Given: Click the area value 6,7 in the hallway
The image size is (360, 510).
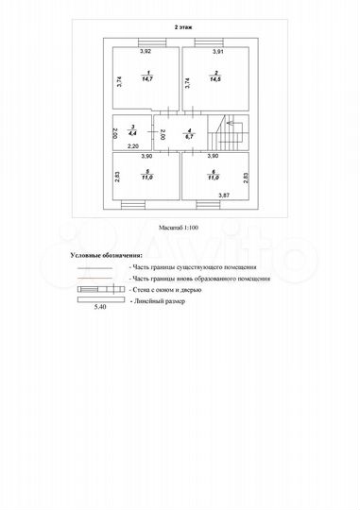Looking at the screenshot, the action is (190, 138).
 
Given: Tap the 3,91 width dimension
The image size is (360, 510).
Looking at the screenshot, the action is (216, 52).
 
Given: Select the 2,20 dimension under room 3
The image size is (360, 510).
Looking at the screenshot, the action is (133, 148).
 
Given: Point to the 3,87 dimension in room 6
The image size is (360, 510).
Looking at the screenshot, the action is (225, 195).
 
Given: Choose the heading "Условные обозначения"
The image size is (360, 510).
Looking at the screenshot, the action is (107, 255).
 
